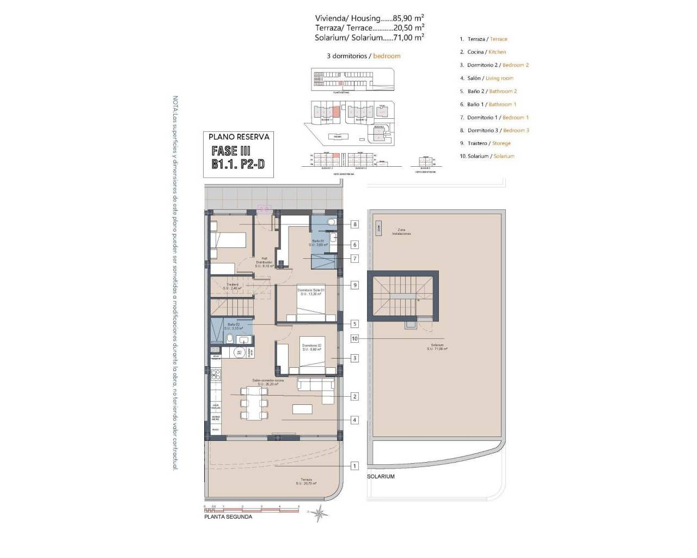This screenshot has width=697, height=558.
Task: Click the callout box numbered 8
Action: coord(354,224)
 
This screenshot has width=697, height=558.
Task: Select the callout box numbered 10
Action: coord(354,338)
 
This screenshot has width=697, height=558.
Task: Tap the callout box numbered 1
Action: coord(354,465)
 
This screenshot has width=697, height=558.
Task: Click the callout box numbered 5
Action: coord(354,324)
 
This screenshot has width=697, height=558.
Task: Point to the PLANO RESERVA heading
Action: coord(239,137)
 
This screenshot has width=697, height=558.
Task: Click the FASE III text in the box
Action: coord(231,151)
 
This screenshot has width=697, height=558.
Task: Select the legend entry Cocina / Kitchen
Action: coord(486,52)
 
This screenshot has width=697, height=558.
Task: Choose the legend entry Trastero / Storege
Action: coord(488,143)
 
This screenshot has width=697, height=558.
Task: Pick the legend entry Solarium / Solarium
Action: coord(490,156)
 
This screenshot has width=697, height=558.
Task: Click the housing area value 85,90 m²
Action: coord(412,17)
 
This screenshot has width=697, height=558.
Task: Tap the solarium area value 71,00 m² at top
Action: coord(412,38)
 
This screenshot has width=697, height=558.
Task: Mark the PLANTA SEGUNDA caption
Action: coord(228,517)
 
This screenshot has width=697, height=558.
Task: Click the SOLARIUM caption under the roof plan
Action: coord(381,476)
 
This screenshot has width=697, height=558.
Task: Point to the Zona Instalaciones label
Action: coord(401,232)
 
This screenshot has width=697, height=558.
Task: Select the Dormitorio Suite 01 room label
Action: coord(310,292)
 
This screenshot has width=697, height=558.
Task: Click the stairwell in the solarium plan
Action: coord(403,297)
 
